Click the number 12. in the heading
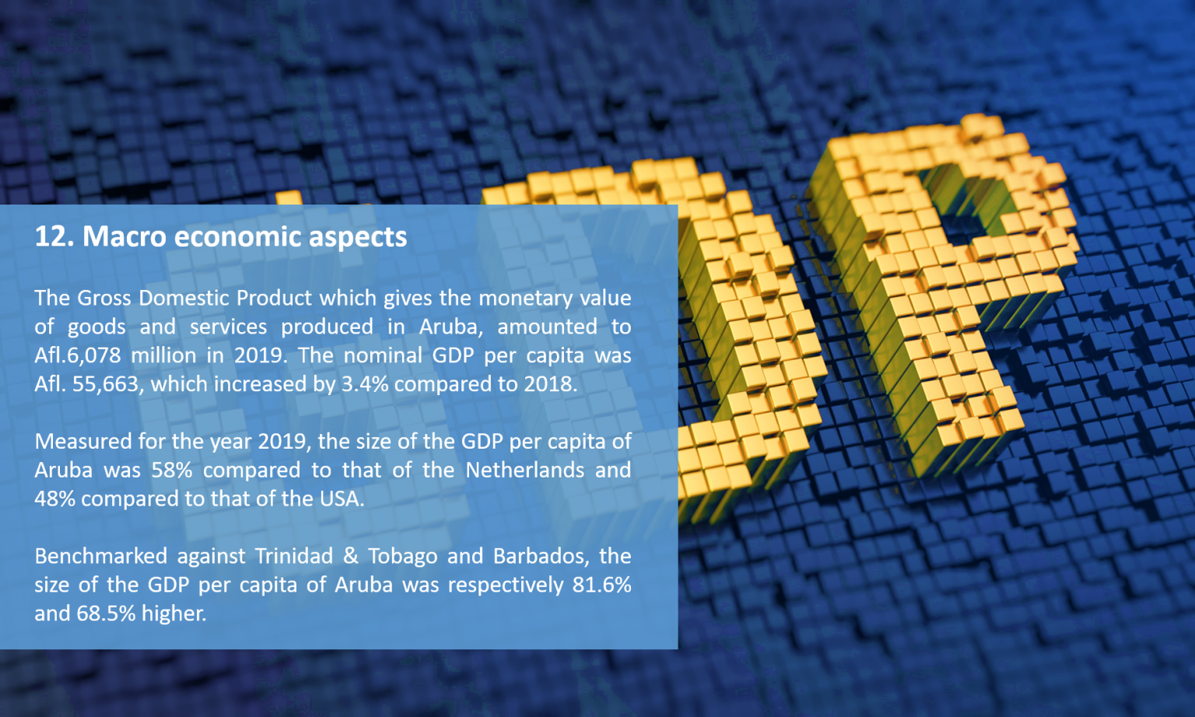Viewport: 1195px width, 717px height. point(54,236)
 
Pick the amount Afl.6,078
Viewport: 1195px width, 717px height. point(78,355)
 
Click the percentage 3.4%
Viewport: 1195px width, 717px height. point(364,384)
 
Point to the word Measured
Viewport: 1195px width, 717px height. point(83,442)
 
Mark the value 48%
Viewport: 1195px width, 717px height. point(54,499)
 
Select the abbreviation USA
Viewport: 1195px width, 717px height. point(342,499)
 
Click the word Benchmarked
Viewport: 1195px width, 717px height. point(100,557)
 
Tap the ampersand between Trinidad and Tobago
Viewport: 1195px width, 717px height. point(351,557)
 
